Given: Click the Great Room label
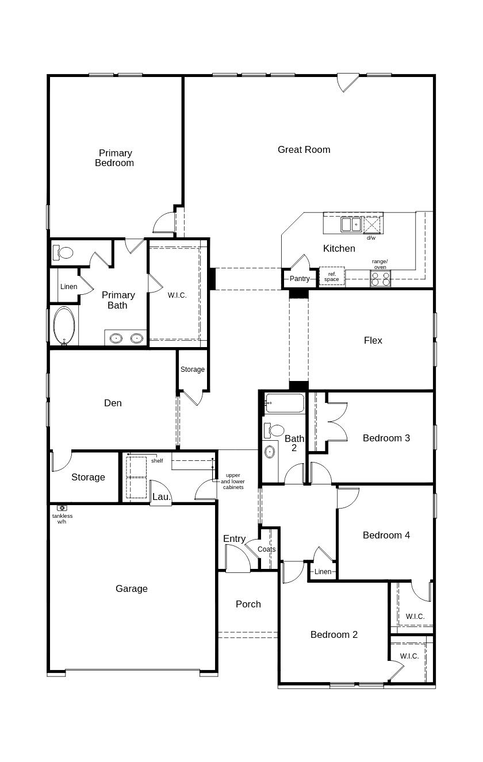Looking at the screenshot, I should click(x=304, y=149).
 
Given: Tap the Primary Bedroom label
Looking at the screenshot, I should click(x=115, y=158).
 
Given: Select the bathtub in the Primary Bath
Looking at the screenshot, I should click(x=64, y=326).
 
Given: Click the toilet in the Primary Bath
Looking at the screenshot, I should click(x=63, y=252).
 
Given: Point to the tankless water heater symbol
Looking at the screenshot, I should click(x=62, y=508).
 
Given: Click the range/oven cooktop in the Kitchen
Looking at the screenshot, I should click(x=380, y=279).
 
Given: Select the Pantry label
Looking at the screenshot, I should click(x=300, y=279).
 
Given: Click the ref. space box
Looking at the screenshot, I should click(x=332, y=276).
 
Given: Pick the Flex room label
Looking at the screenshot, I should click(x=373, y=340).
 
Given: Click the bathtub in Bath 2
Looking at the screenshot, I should click(x=284, y=403).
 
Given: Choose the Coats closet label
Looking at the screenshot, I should click(x=266, y=549).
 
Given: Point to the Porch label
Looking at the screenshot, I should click(x=248, y=604).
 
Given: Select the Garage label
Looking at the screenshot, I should click(x=131, y=588).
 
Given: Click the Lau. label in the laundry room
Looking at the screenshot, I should click(x=161, y=497).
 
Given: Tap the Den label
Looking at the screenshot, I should click(x=113, y=403).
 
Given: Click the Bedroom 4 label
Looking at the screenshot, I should click(x=386, y=535).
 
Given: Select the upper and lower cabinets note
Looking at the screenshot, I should click(x=233, y=482).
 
